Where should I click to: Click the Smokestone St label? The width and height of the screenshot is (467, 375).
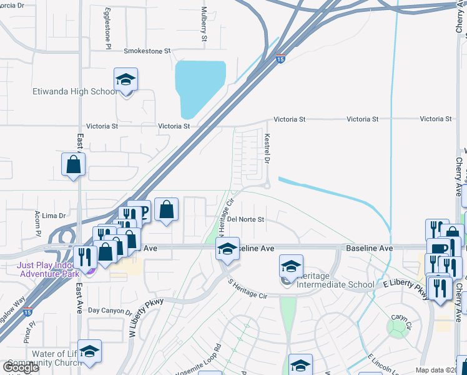coord(147,51)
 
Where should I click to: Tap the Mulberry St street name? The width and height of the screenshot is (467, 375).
coord(204,24)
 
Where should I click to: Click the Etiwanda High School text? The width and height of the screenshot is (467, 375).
coord(74,92)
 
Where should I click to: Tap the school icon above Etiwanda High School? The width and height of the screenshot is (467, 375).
coord(126,80)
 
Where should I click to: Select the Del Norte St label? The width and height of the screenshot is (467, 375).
coord(246,219)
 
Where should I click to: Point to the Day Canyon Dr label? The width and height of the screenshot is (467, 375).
coord(110,311)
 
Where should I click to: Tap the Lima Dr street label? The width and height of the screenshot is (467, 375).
coord(54,216)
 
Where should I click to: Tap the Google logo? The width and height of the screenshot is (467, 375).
coord(22,367)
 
